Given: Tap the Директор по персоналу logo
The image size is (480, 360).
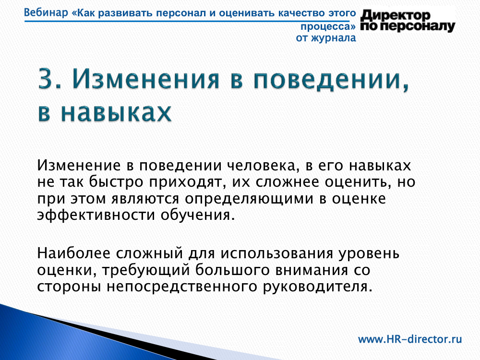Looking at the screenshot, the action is (408, 21).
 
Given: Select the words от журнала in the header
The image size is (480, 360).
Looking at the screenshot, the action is (326, 38).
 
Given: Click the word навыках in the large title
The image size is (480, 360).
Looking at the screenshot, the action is (116, 112).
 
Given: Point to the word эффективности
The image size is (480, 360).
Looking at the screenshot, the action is (96, 215).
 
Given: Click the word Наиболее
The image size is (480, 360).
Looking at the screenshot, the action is (73, 253).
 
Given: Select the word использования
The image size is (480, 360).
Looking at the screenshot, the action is (277, 254).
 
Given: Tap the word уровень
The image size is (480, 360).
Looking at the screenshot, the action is (369, 254).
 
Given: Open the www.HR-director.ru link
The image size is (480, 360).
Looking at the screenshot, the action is (410, 339).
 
